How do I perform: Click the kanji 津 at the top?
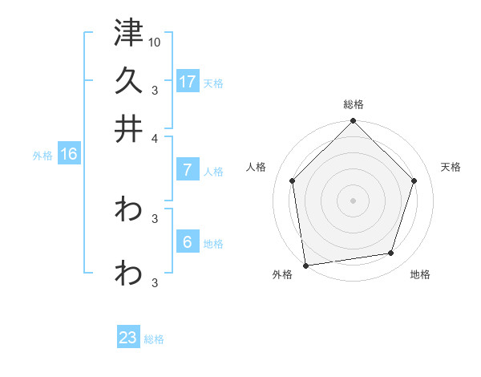[x=128, y=34]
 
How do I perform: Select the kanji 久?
[x=128, y=80]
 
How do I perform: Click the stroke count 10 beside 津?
[x=155, y=42]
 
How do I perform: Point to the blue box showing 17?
[x=188, y=81]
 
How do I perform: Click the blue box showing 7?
[x=188, y=170]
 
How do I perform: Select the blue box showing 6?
[x=188, y=242]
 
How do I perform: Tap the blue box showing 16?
[x=68, y=155]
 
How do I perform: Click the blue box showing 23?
[x=128, y=338]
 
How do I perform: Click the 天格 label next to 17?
[x=213, y=83]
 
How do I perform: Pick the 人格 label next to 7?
[x=213, y=172]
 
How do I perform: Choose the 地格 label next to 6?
[x=213, y=244]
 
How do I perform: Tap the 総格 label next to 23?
[x=154, y=339]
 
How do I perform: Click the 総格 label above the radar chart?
[x=354, y=104]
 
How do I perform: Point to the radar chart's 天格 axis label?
[x=451, y=167]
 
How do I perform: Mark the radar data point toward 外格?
[x=305, y=265]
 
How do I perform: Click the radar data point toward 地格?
[x=391, y=253]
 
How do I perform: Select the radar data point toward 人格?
[x=293, y=180]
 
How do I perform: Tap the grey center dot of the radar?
[x=354, y=200]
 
